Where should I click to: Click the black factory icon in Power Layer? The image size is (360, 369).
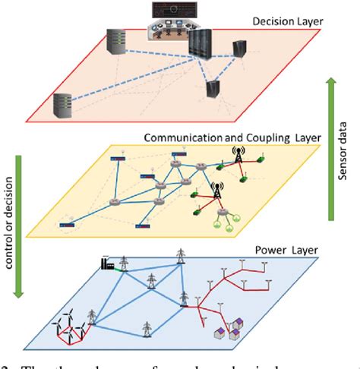pyautogui.click(x=107, y=264)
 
